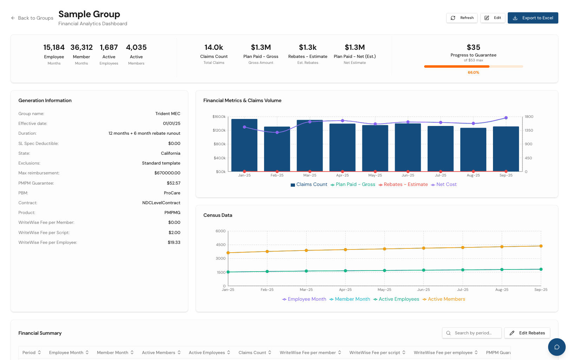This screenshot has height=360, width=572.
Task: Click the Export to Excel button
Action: pyautogui.click(x=533, y=18)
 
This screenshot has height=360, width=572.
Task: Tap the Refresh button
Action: pyautogui.click(x=462, y=18)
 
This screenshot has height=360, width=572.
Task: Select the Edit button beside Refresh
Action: pyautogui.click(x=493, y=18)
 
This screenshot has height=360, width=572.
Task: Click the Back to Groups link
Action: pyautogui.click(x=32, y=18)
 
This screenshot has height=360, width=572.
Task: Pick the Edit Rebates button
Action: pyautogui.click(x=527, y=333)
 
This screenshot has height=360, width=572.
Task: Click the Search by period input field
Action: pyautogui.click(x=472, y=333)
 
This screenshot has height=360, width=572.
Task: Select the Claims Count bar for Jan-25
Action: pyautogui.click(x=244, y=145)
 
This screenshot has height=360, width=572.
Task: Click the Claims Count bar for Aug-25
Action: pyautogui.click(x=473, y=149)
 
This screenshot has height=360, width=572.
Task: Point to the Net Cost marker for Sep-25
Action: pyautogui.click(x=506, y=118)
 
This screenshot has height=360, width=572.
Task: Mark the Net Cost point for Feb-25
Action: pyautogui.click(x=277, y=132)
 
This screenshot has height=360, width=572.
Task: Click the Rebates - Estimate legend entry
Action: pyautogui.click(x=403, y=185)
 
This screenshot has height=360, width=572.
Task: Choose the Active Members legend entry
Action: pyautogui.click(x=444, y=299)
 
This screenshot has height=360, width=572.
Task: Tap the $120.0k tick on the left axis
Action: pyautogui.click(x=219, y=131)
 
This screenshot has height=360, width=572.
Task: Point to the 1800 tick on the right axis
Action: pyautogui.click(x=529, y=116)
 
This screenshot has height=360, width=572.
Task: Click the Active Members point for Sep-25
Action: pyautogui.click(x=541, y=246)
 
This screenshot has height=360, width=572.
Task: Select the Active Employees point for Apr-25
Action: pyautogui.click(x=345, y=271)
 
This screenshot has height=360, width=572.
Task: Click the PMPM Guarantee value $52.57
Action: pyautogui.click(x=174, y=183)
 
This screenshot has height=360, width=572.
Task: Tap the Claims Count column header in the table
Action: pyautogui.click(x=255, y=352)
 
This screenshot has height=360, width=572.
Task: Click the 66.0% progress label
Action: pyautogui.click(x=473, y=73)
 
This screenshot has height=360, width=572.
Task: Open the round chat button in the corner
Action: pyautogui.click(x=557, y=347)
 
